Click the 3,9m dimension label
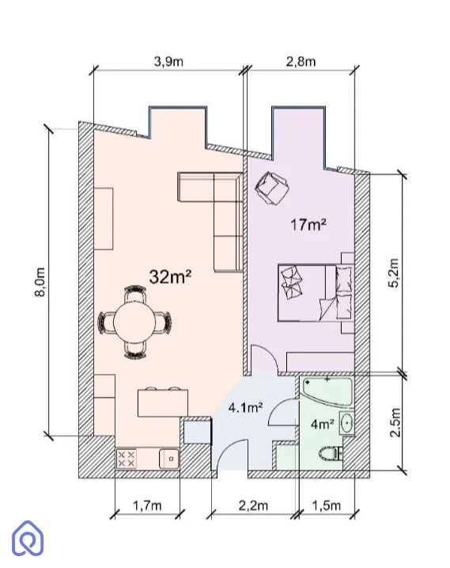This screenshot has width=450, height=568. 169,62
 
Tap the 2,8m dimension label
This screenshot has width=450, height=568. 301,62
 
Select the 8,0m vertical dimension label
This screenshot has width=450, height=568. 40,282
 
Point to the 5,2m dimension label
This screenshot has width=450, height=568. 394,273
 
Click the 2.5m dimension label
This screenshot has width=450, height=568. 395,423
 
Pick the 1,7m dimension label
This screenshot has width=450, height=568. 147,505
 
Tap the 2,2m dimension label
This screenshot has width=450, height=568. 254,505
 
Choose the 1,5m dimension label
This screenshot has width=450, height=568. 327,505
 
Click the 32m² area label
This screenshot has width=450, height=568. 170,276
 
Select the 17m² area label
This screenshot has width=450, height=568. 308,225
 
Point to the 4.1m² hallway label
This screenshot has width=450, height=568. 246,408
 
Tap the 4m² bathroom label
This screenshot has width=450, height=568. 323,424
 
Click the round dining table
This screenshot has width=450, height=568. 134,322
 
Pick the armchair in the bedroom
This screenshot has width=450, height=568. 272,188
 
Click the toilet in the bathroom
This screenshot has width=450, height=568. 331,453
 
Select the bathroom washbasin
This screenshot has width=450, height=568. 347,423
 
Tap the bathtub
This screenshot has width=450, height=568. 327,393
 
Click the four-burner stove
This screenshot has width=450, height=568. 127,459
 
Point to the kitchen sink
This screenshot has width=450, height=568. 169,459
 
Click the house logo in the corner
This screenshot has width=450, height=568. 28,539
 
